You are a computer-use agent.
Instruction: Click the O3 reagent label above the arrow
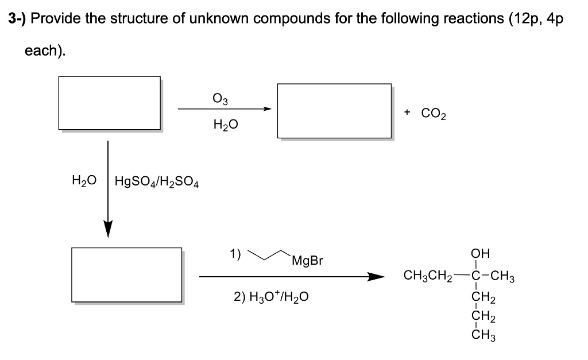220,99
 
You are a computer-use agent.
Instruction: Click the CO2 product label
434,113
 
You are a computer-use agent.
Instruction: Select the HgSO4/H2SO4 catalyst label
157,182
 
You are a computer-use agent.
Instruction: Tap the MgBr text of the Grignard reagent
307,261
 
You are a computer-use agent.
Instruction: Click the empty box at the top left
109,103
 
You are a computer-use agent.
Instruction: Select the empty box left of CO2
334,110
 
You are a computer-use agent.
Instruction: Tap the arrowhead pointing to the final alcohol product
376,277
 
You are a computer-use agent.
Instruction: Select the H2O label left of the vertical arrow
83,182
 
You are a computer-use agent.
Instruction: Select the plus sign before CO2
407,113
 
